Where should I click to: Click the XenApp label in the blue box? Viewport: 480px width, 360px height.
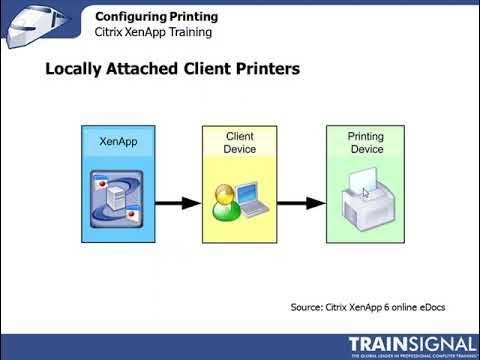coord(118,142)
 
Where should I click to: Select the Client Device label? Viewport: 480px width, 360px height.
coord(240,142)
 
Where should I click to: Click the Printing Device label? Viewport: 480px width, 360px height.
coord(365,142)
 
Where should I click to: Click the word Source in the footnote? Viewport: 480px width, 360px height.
coord(308,306)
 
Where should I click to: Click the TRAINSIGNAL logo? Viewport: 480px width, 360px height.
coord(411,345)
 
